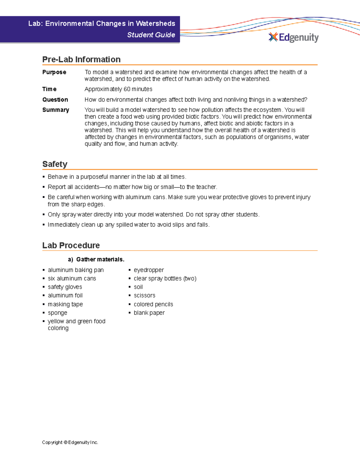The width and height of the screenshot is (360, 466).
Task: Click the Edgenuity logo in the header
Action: tap(293, 37)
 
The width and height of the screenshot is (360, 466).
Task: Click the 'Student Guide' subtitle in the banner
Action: tap(151, 35)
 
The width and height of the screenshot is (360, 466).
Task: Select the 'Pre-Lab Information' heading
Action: tap(81, 59)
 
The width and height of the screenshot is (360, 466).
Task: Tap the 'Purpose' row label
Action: tap(54, 72)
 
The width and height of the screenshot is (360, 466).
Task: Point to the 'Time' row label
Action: tap(49, 89)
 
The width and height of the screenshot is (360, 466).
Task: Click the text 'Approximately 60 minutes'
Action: tap(118, 89)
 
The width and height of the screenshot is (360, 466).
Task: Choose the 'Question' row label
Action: tap(55, 100)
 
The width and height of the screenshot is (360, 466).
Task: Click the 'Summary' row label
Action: tap(56, 110)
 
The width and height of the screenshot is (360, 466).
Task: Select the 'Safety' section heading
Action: tap(55, 164)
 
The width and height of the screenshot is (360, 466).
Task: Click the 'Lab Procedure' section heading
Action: tap(71, 245)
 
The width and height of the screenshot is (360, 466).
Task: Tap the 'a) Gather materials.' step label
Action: tap(96, 259)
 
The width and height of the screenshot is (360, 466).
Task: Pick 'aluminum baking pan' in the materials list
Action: tap(76, 270)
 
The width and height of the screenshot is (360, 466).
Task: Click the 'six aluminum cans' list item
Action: tap(72, 278)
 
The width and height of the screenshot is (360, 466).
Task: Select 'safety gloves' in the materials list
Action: tap(65, 287)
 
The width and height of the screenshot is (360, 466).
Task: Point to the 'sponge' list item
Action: tap(57, 313)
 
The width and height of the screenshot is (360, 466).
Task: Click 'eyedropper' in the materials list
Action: tap(149, 270)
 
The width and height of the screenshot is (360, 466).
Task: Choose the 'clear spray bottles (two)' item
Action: tap(165, 278)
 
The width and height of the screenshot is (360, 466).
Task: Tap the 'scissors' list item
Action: tap(144, 296)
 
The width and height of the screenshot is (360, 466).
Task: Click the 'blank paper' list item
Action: tap(149, 313)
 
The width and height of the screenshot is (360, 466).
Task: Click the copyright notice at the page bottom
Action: tap(70, 442)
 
